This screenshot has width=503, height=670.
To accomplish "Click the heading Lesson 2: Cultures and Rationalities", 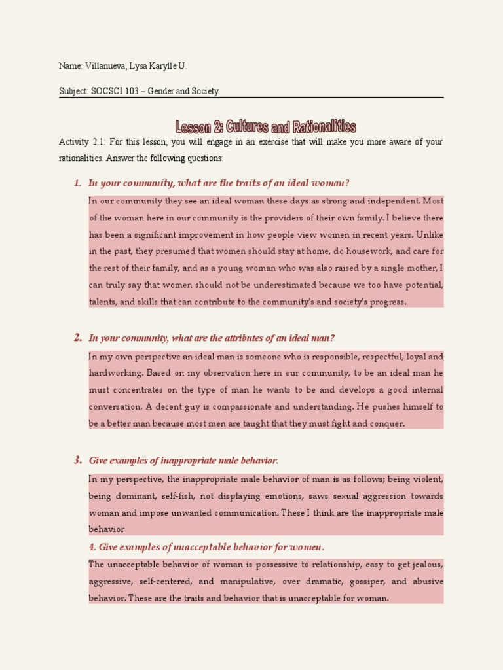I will [x=266, y=126].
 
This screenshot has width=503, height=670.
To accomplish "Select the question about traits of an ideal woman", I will [x=214, y=183].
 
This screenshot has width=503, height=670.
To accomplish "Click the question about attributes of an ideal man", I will [x=212, y=338].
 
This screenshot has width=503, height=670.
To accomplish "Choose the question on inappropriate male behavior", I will [x=183, y=460].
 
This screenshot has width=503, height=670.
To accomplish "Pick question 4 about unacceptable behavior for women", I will [x=206, y=547].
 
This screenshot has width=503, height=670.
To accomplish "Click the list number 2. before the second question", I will [x=78, y=338].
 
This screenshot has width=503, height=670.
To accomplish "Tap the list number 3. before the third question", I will [x=78, y=460].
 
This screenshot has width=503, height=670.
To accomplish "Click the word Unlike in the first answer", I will [x=428, y=234].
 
